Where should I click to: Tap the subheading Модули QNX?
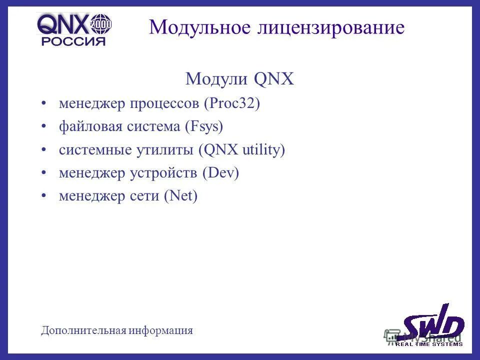coord(239,79)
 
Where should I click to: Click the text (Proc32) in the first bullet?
coord(232,104)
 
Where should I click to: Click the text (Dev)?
coord(221,173)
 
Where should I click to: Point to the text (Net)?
coord(181,196)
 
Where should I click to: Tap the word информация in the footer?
coord(160,330)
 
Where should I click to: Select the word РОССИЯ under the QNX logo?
coord(73,41)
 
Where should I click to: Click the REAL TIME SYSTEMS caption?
coord(429,343)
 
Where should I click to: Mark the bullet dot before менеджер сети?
coord(45,196)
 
